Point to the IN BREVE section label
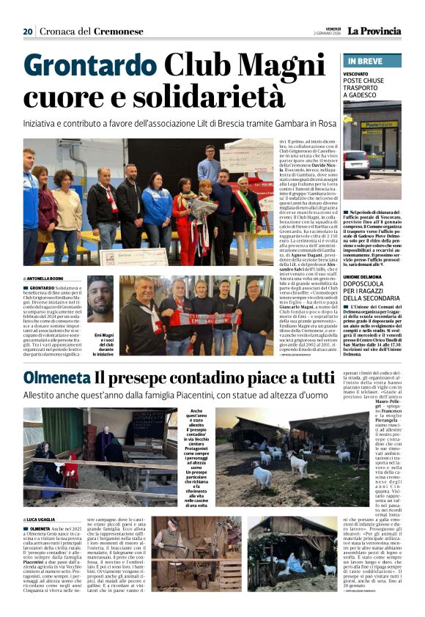point(363,61)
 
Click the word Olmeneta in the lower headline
point(57,378)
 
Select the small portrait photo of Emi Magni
point(100,295)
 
